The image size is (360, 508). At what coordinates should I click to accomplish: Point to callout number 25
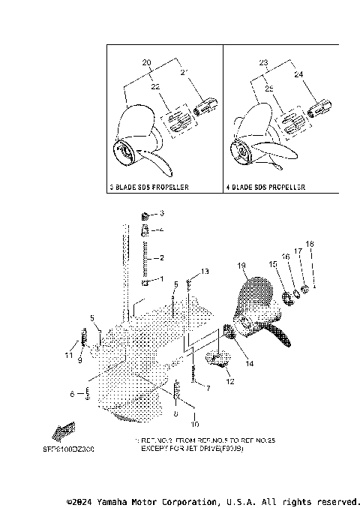tap(269, 89)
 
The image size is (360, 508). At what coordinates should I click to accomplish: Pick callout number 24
tap(298, 75)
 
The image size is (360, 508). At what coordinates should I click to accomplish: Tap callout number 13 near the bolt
tap(205, 270)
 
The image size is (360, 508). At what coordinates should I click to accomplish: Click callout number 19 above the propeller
tap(241, 266)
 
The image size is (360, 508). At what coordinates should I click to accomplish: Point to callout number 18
tap(310, 244)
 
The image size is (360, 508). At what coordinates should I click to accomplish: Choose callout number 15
tap(273, 265)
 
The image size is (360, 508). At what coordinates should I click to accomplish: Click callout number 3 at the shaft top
tap(160, 214)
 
